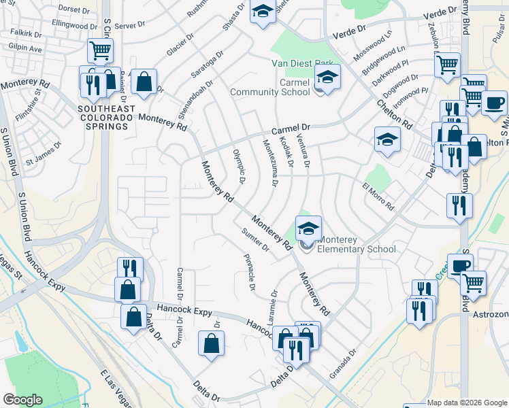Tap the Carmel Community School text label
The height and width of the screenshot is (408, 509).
269,87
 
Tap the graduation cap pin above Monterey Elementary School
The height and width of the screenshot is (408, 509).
308,228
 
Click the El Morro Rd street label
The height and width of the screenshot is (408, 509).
378,197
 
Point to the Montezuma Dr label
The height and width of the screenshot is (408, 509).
270,163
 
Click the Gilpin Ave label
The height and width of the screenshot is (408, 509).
25,49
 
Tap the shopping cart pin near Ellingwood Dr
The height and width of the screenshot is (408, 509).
100,50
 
